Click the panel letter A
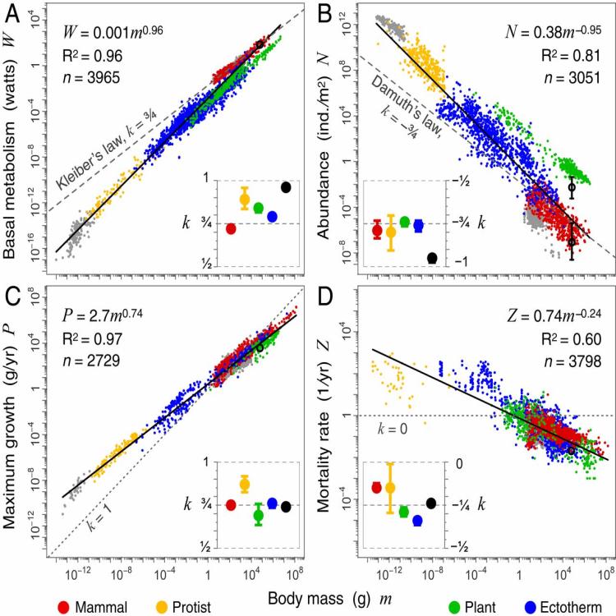pos(11,11)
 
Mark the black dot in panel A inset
pos(286,187)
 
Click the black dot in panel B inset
pos(432,259)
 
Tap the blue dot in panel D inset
pos(417,521)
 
